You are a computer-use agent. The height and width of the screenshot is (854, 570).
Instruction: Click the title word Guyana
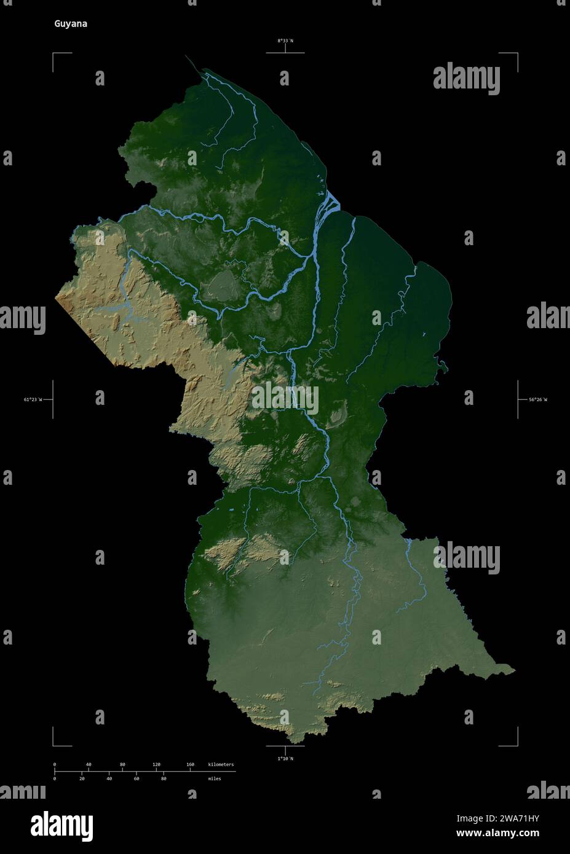point(71,24)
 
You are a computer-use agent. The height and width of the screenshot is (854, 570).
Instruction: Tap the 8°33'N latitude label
point(285,41)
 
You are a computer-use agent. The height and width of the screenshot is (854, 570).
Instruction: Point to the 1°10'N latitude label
point(285,759)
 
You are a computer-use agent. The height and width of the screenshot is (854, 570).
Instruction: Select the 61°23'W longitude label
point(33,400)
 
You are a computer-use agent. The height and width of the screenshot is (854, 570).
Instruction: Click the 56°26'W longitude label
point(537,400)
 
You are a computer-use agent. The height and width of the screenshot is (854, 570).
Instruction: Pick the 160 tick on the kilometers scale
point(190,765)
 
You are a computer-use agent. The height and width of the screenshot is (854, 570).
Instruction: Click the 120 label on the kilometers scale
point(156,765)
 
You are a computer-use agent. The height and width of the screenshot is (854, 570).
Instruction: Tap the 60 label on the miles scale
point(137,778)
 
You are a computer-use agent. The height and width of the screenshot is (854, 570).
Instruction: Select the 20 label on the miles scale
point(82,778)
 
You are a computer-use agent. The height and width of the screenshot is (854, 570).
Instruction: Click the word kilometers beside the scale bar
point(221,765)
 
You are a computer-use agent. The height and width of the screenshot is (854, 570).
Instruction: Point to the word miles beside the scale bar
point(214,778)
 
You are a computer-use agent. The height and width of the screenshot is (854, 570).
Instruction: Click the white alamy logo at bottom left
point(62,825)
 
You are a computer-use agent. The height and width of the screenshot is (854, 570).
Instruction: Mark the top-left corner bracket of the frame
point(54,55)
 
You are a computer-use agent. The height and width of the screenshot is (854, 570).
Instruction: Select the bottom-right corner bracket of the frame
point(516,744)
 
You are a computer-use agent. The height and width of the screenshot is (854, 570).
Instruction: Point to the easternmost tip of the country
point(514,670)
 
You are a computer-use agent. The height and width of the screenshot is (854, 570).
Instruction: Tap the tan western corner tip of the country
point(57,298)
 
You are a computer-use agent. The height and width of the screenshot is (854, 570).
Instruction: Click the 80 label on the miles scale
point(164,778)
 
